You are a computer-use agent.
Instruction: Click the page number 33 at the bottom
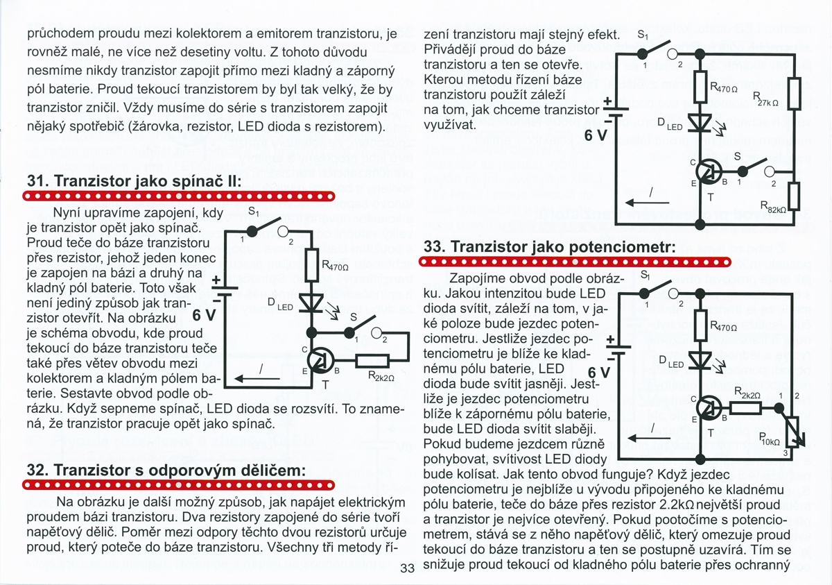coord(407,570)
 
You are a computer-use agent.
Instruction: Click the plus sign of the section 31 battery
coord(216,280)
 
